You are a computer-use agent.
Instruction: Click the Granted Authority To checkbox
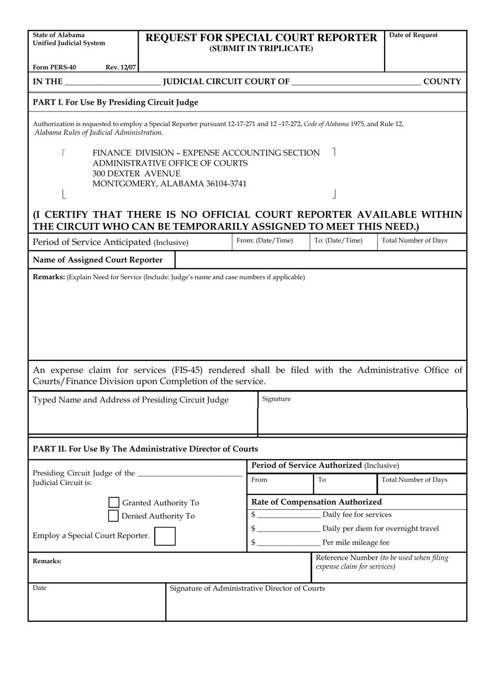(114, 503)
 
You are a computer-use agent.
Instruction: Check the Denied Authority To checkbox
(113, 516)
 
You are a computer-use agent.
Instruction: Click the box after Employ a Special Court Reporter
(165, 536)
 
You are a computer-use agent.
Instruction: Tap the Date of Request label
(413, 35)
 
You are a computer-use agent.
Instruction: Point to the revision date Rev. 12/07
(120, 67)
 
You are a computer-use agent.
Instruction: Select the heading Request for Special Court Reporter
(261, 37)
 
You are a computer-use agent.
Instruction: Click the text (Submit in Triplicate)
(261, 49)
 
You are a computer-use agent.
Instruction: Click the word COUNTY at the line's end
(442, 82)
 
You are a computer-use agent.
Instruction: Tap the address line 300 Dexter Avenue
(137, 173)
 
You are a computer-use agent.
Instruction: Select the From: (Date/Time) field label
(265, 241)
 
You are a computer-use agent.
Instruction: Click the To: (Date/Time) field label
(338, 241)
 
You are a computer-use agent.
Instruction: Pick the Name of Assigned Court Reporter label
(97, 260)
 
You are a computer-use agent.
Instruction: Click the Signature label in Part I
(276, 399)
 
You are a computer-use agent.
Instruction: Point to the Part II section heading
(145, 449)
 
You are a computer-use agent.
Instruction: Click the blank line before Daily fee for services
(289, 515)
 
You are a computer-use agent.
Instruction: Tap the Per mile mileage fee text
(356, 543)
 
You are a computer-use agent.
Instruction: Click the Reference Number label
(347, 558)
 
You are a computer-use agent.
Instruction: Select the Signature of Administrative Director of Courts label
(247, 589)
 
